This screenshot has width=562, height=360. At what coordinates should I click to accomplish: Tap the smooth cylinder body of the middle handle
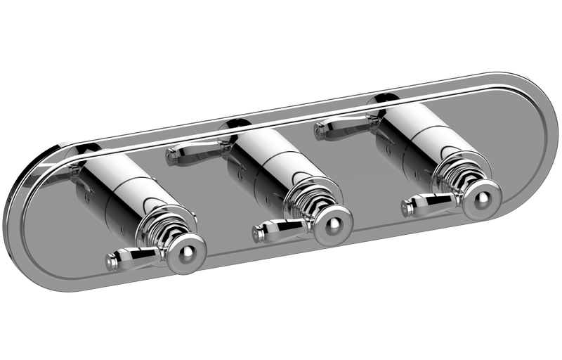(x=263, y=158)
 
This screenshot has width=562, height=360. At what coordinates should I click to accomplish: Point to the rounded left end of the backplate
(x=18, y=211)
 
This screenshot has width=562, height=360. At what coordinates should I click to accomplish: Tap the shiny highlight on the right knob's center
(x=481, y=198)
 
